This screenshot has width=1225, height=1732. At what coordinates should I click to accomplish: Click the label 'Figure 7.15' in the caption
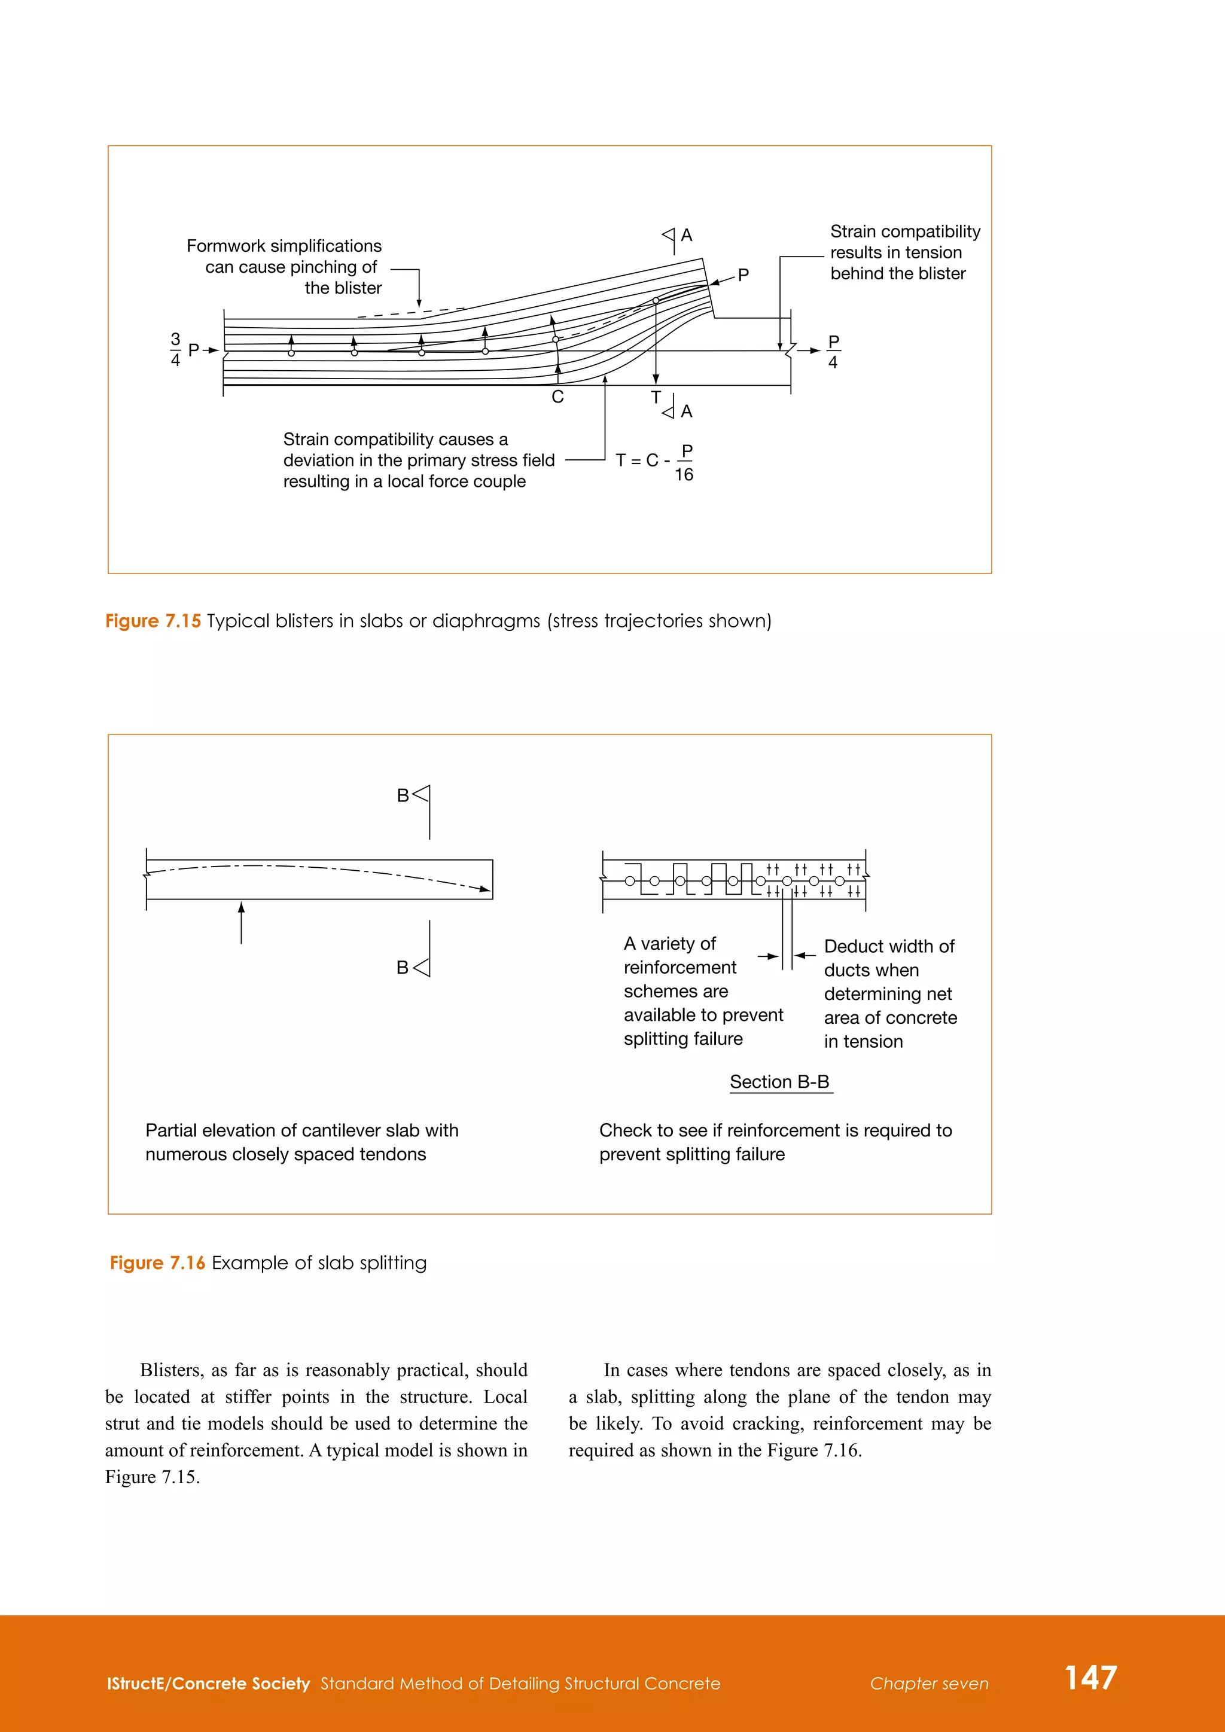click(x=153, y=621)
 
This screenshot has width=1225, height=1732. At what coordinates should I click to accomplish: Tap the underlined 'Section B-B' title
click(x=779, y=1082)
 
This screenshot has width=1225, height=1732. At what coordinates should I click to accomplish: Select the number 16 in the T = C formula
click(x=684, y=474)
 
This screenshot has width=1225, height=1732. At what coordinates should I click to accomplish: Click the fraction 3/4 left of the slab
click(x=175, y=350)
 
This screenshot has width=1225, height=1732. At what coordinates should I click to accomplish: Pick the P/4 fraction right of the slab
click(x=833, y=352)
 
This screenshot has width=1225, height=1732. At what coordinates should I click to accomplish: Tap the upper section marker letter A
click(x=687, y=236)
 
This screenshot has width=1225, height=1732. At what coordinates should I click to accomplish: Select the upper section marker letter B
click(x=403, y=795)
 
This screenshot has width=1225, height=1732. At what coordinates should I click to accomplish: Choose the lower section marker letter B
click(x=403, y=967)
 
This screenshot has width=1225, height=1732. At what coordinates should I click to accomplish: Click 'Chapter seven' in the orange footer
click(x=928, y=1684)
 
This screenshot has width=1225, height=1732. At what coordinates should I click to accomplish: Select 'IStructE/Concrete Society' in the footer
click(x=208, y=1684)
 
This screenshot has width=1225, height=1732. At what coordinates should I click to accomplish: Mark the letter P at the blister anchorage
click(x=743, y=275)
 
